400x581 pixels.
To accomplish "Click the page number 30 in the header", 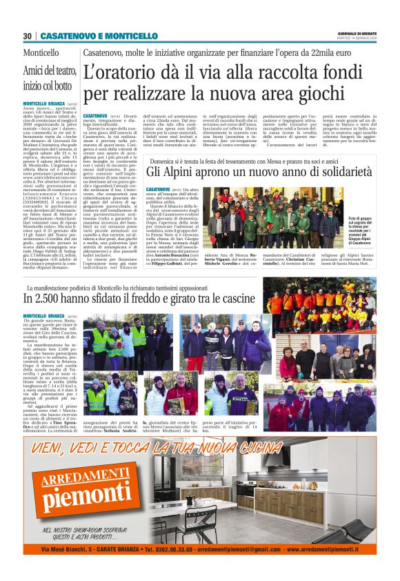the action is pos(28,36).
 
